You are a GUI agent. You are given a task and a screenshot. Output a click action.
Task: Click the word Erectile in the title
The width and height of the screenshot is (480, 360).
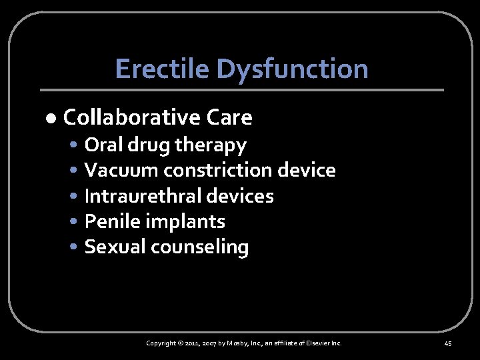point(153,69)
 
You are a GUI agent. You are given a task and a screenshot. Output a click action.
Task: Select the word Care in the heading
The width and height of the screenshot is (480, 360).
point(229,117)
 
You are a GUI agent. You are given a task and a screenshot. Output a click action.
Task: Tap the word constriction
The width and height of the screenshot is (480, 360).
point(217,170)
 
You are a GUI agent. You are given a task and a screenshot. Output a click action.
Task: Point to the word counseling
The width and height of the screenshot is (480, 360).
point(199,247)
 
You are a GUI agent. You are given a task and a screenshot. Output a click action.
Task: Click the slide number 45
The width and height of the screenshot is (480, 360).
point(447,343)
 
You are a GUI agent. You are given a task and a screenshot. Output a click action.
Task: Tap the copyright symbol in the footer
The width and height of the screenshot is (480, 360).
point(181,343)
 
